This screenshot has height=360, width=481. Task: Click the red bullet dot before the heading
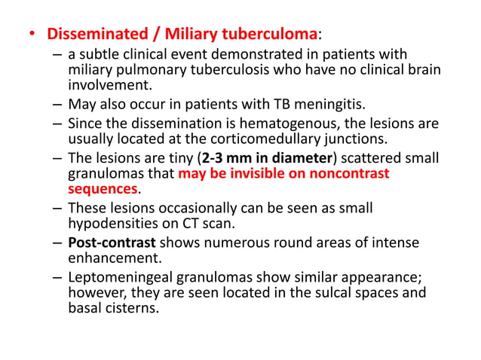point(32,35)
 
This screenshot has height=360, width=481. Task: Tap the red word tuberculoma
point(267,35)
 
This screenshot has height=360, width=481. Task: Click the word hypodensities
point(110,224)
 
